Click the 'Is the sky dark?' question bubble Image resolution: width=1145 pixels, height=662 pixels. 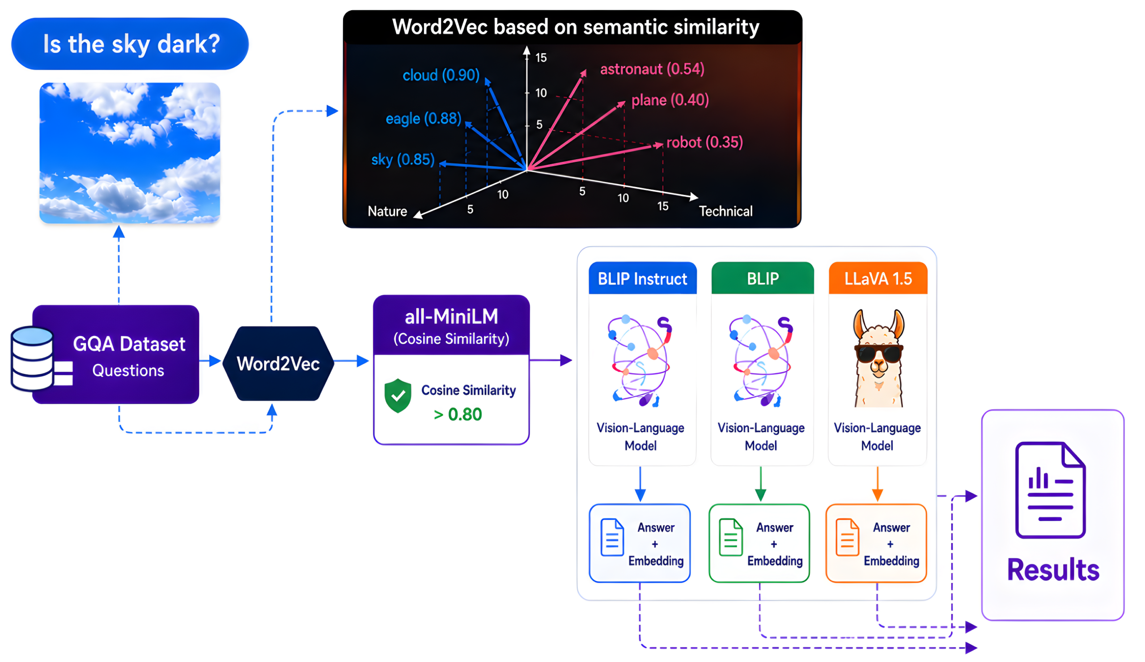[x=130, y=44]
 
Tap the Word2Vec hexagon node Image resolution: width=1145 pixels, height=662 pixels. [x=279, y=364]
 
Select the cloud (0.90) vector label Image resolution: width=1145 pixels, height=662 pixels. [x=441, y=75]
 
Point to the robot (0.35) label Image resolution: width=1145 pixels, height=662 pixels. [x=705, y=142]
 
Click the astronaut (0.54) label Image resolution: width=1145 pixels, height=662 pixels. [x=652, y=69]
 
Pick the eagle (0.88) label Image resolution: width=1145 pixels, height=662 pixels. [x=423, y=119]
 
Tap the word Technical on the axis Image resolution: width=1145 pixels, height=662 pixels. [x=725, y=211]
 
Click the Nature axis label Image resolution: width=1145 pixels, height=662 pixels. [x=387, y=211]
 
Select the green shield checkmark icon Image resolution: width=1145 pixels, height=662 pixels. [x=398, y=395]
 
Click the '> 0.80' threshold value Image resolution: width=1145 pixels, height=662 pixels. [x=458, y=414]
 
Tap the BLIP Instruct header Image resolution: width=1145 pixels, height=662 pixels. [x=642, y=278]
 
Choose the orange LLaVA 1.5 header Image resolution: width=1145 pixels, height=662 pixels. [x=878, y=278]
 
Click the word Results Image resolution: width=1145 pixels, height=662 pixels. [x=1053, y=570]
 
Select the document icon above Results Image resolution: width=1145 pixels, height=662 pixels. [x=1050, y=490]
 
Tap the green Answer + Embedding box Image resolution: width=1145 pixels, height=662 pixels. [x=759, y=543]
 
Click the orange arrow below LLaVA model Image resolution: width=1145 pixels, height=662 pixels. [x=878, y=484]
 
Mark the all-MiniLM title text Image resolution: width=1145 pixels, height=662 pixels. [x=451, y=316]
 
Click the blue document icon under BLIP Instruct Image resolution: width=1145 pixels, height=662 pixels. [x=612, y=537]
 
